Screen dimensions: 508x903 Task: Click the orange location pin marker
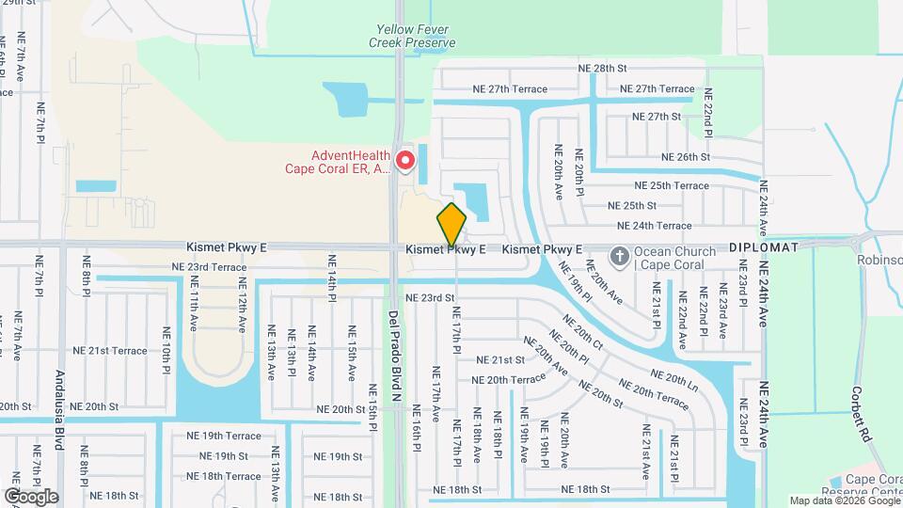click(x=451, y=224)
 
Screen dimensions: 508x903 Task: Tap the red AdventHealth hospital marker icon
click(x=405, y=160)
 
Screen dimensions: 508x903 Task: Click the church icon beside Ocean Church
click(x=619, y=255)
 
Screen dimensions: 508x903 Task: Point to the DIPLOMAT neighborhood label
click(x=764, y=247)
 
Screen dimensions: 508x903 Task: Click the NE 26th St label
click(x=685, y=157)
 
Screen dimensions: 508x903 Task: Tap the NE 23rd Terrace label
click(x=209, y=267)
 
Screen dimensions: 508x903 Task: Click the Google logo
click(x=31, y=496)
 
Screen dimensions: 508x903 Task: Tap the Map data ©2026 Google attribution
click(x=844, y=501)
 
